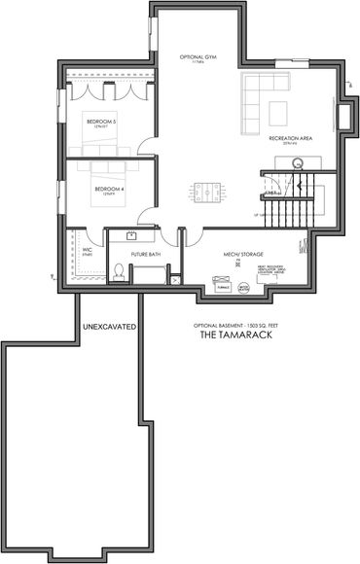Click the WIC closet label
pos(88,250)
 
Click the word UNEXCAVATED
pos(109,326)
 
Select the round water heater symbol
pos(243,288)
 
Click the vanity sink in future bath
pos(130,235)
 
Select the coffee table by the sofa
pos(279,108)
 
